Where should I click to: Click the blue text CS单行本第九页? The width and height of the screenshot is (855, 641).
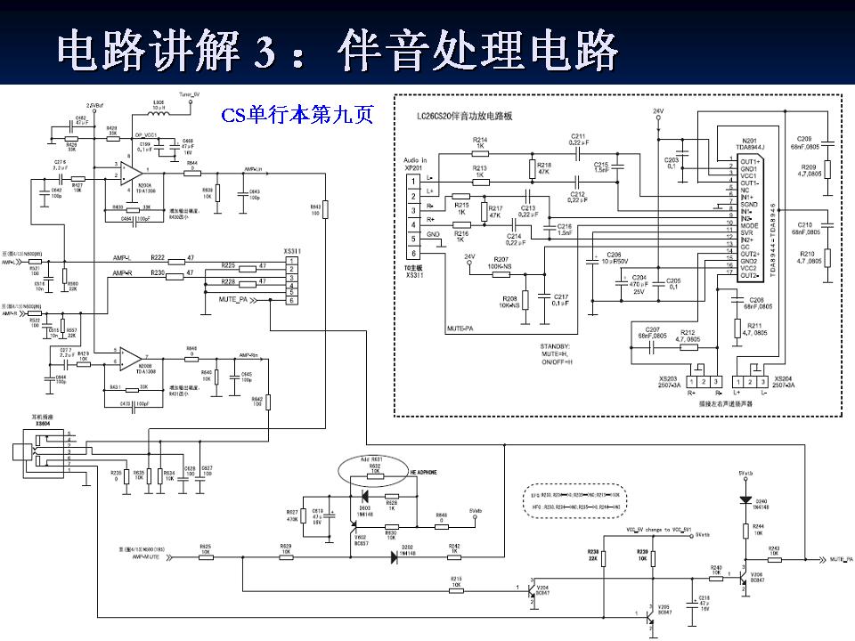[x=298, y=116]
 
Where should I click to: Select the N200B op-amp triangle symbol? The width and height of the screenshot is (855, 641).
[x=131, y=359]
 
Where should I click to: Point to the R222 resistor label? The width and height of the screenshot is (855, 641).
[x=159, y=256]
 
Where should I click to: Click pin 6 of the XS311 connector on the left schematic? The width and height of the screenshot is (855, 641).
[x=290, y=301]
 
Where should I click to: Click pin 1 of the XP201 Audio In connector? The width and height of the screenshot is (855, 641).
[x=412, y=181]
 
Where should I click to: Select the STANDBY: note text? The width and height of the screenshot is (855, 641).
[x=555, y=345]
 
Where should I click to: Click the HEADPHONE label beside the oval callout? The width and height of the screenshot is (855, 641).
[x=425, y=470]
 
